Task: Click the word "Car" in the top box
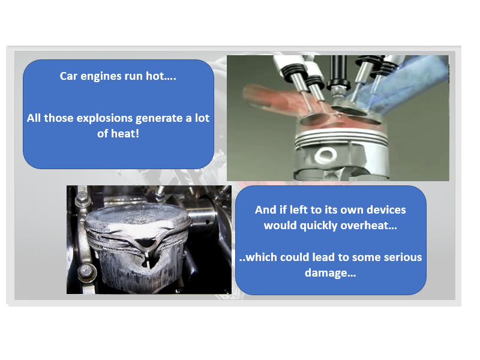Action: pos(70,77)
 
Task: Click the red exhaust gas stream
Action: pos(270,99)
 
